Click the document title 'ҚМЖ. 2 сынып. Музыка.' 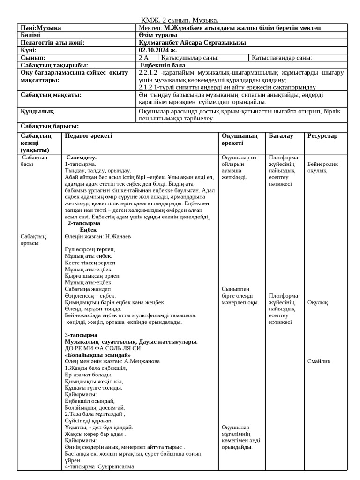pos(180,20)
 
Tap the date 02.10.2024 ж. pos(158,50)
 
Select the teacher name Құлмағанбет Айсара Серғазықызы pos(192,43)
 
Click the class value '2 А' pos(143,58)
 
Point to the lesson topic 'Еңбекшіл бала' pos(163,65)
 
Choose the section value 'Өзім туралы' pos(158,35)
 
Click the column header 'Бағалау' pos(281,136)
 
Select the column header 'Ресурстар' pos(322,136)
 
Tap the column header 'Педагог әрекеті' pos(89,136)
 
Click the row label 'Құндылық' pos(37,112)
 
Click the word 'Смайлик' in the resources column pos(319,361)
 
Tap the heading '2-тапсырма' pos(84,223)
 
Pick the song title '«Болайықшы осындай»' pos(97,355)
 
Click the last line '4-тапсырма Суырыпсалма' pos(99,466)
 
